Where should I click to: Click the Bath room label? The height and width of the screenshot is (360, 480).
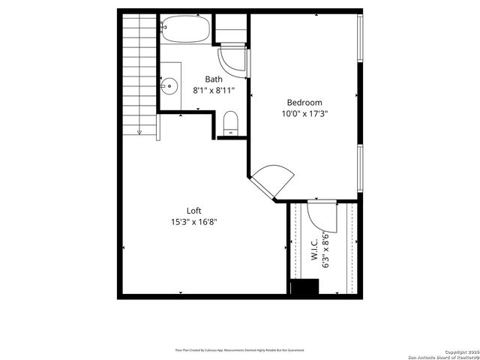[214, 79]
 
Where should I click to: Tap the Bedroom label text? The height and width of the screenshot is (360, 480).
[304, 103]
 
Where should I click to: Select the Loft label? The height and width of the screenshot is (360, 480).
[194, 211]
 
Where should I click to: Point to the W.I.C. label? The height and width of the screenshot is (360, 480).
[314, 248]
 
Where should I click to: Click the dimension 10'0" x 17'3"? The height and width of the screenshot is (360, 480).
[304, 114]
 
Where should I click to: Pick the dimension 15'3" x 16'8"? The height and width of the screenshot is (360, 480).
[194, 221]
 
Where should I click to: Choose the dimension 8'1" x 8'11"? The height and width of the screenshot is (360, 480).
[214, 90]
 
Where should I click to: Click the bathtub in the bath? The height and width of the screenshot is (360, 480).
[186, 28]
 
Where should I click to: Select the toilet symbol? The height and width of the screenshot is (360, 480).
[231, 122]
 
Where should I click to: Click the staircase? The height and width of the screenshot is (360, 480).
[139, 71]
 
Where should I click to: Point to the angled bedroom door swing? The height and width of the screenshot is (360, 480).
[268, 180]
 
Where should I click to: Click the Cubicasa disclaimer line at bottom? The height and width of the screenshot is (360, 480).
[240, 349]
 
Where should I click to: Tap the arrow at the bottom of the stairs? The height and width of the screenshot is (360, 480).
[139, 133]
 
